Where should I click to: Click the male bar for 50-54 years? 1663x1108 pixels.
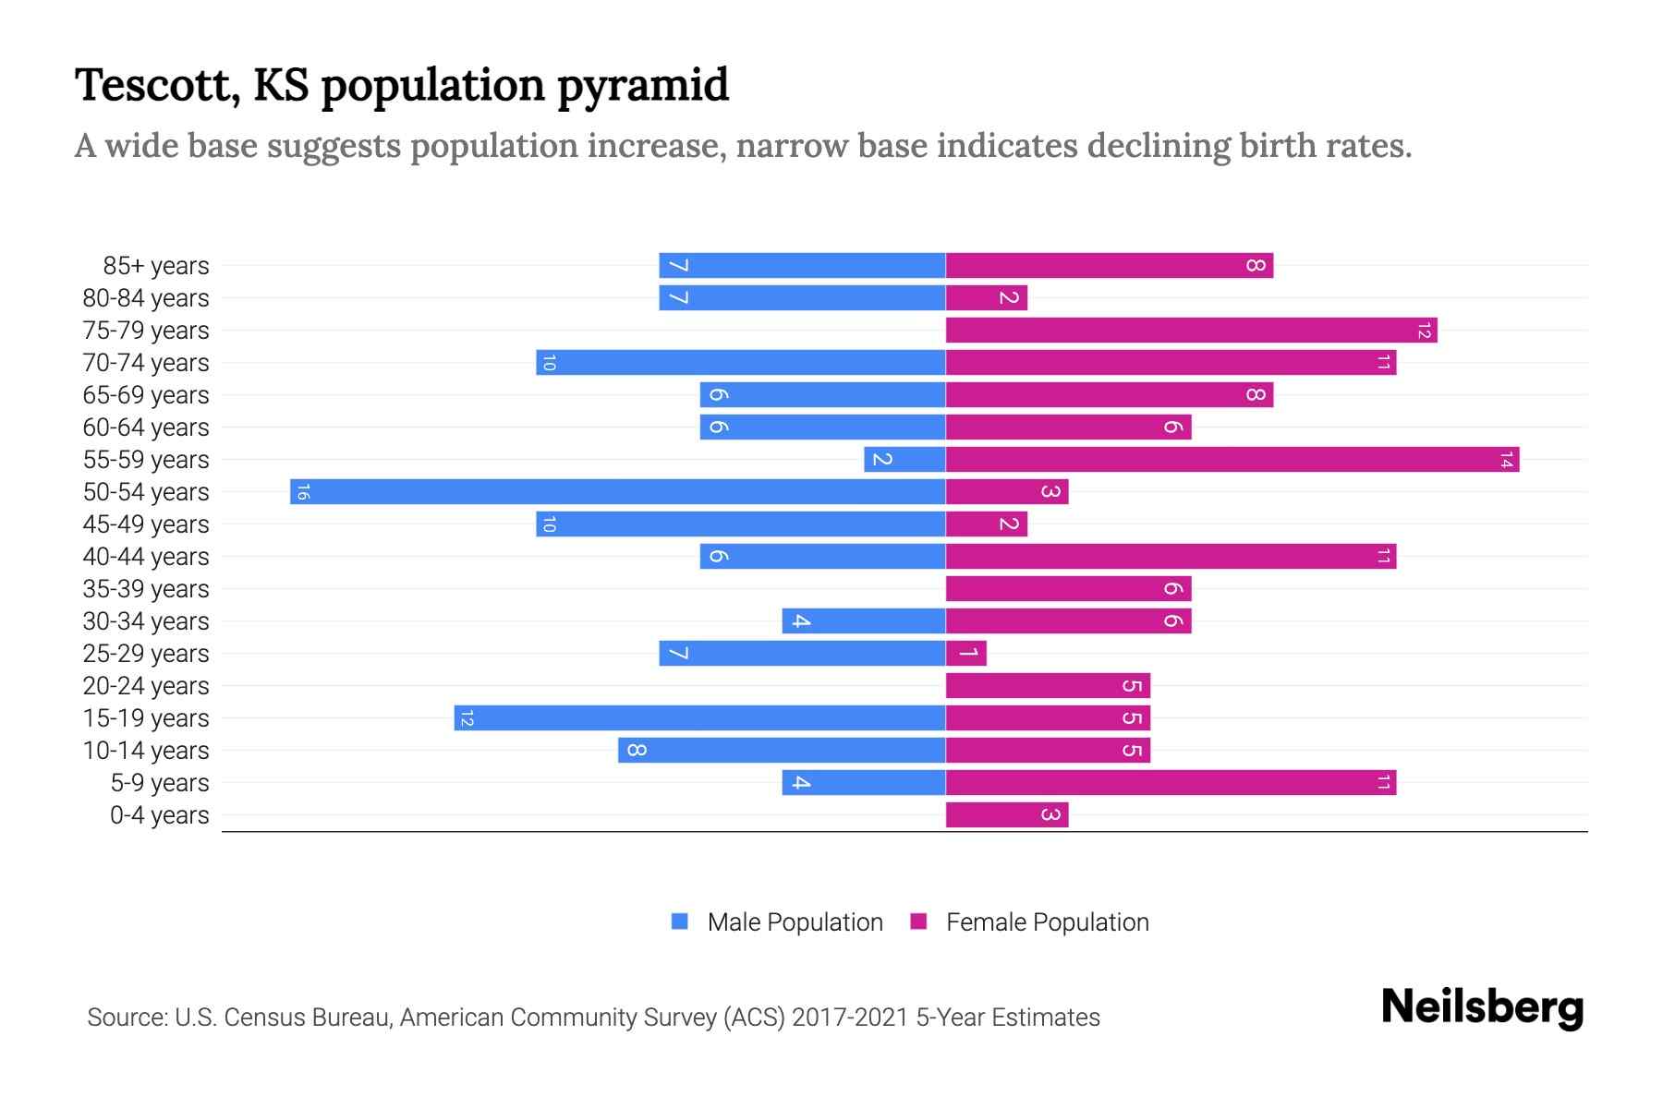point(617,491)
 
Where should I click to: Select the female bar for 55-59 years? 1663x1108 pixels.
point(1232,459)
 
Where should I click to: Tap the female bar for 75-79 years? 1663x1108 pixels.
point(1191,330)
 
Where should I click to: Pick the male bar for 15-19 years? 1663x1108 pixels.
point(699,717)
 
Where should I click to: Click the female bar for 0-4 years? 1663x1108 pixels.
point(1007,814)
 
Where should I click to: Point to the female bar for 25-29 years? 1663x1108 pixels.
point(966,653)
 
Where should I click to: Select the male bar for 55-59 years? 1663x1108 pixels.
point(904,459)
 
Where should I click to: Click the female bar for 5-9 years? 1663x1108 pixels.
point(1171,782)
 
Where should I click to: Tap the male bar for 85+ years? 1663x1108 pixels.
point(802,265)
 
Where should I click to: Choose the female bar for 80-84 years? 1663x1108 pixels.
point(987,297)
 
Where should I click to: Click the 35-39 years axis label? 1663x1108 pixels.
point(146,588)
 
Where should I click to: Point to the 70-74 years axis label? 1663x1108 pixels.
point(146,362)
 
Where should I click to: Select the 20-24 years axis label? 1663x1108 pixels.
point(146,685)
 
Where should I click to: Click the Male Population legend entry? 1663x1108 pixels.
point(777,921)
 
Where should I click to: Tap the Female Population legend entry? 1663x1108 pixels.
point(1030,921)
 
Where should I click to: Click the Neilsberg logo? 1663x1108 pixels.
point(1482,1006)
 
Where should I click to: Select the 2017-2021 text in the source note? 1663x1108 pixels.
point(849,1018)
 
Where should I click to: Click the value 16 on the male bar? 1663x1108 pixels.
point(303,491)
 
